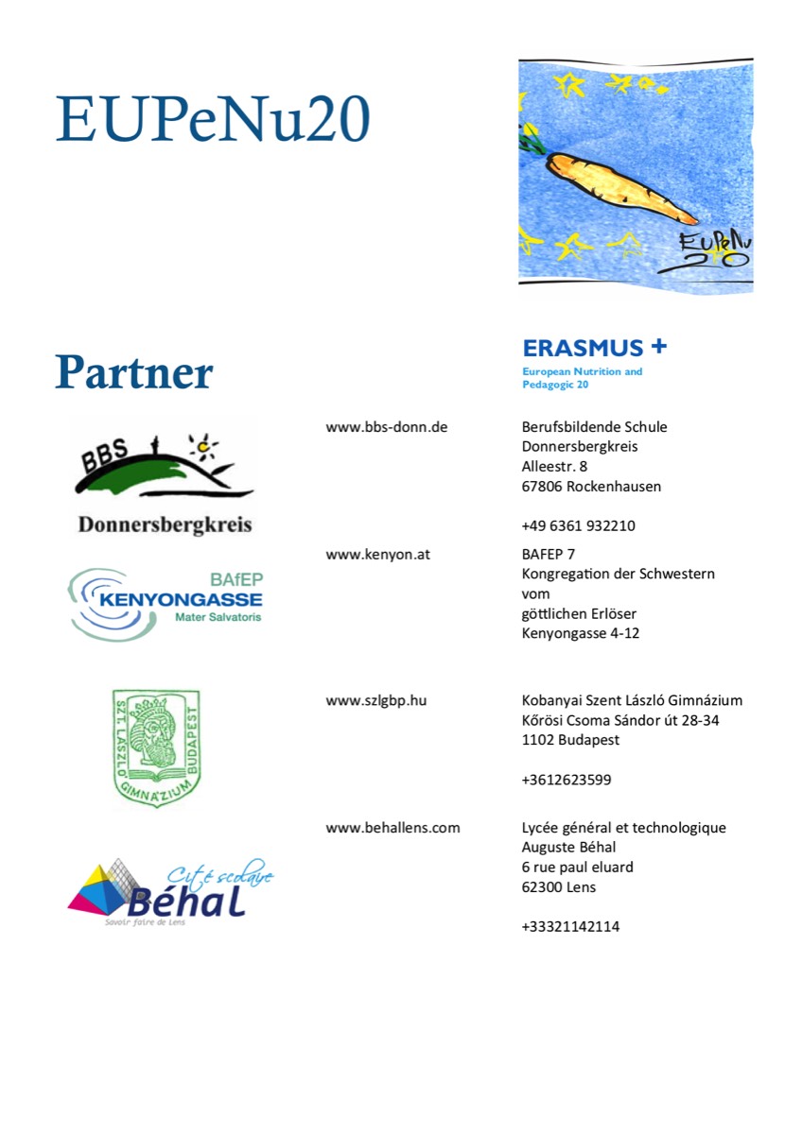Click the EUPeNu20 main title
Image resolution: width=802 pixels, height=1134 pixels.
[x=212, y=120]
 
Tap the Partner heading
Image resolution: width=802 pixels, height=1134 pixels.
[x=133, y=372]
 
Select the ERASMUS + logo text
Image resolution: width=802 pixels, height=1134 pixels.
[x=594, y=347]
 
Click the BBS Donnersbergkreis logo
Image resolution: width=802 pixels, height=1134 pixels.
[x=165, y=475]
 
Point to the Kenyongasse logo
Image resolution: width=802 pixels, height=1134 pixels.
[x=166, y=602]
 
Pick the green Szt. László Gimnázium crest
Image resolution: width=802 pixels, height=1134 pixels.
[x=156, y=747]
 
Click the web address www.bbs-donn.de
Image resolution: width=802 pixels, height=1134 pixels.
[x=386, y=427]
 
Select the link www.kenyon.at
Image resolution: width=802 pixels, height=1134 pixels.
[x=377, y=555]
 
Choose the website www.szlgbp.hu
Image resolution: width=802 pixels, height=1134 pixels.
[x=382, y=701]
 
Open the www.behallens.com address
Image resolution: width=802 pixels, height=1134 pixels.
[x=392, y=828]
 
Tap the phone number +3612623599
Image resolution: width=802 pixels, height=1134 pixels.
[x=567, y=781]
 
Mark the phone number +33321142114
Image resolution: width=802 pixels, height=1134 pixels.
[x=570, y=927]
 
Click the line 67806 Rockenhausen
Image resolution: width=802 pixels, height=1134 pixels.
[x=591, y=488]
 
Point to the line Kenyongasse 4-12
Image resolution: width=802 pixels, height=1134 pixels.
[x=580, y=633]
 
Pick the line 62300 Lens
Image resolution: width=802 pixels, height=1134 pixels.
[x=558, y=887]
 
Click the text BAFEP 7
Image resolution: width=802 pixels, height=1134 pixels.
[x=549, y=555]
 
